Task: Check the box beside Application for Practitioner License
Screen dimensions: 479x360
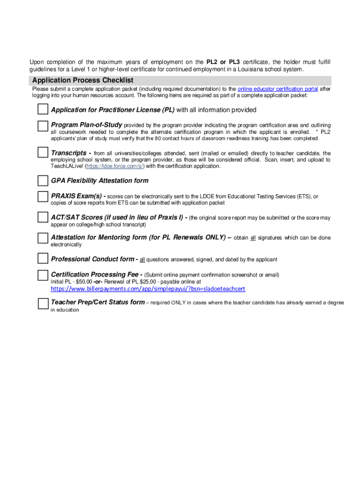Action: point(43,109)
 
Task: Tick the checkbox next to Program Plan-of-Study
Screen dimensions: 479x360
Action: point(43,125)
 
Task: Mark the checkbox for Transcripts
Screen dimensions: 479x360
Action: point(43,152)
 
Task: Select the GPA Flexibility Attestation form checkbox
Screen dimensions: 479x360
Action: point(43,181)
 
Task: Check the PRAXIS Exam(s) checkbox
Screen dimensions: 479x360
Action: point(43,196)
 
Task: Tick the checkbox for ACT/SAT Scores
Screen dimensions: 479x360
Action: point(43,217)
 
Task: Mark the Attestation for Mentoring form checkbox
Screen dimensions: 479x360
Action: point(43,238)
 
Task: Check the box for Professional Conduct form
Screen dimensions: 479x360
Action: point(43,259)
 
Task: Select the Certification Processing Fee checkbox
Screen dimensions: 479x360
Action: point(43,274)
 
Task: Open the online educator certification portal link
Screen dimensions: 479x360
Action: point(278,89)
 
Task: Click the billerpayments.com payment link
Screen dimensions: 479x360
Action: point(148,289)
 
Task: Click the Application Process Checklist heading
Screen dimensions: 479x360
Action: point(83,80)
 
